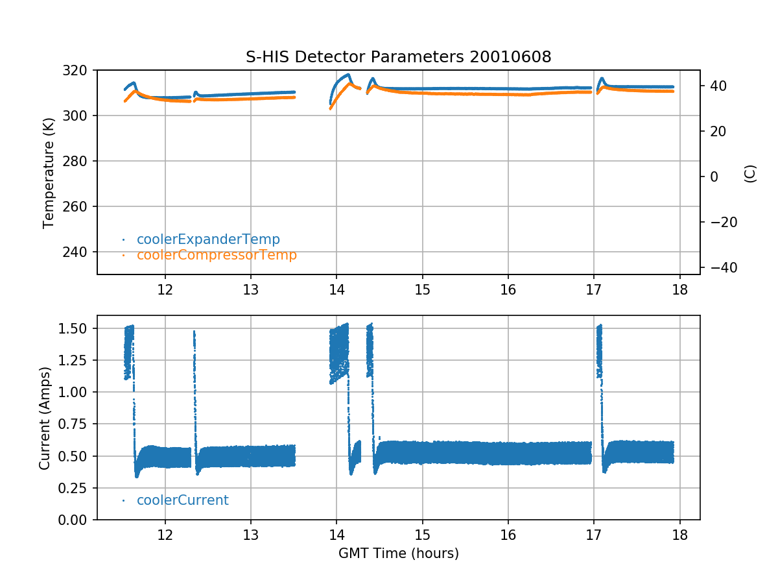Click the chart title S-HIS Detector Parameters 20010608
[x=398, y=57]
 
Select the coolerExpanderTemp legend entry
[x=208, y=239]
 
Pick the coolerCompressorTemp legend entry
[x=217, y=255]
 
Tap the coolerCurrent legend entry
[x=182, y=500]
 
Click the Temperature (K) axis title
[x=48, y=173]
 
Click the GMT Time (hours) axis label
[x=398, y=554]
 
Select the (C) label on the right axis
[x=750, y=173]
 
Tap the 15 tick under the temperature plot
[x=422, y=289]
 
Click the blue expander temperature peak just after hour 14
[x=348, y=75]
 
